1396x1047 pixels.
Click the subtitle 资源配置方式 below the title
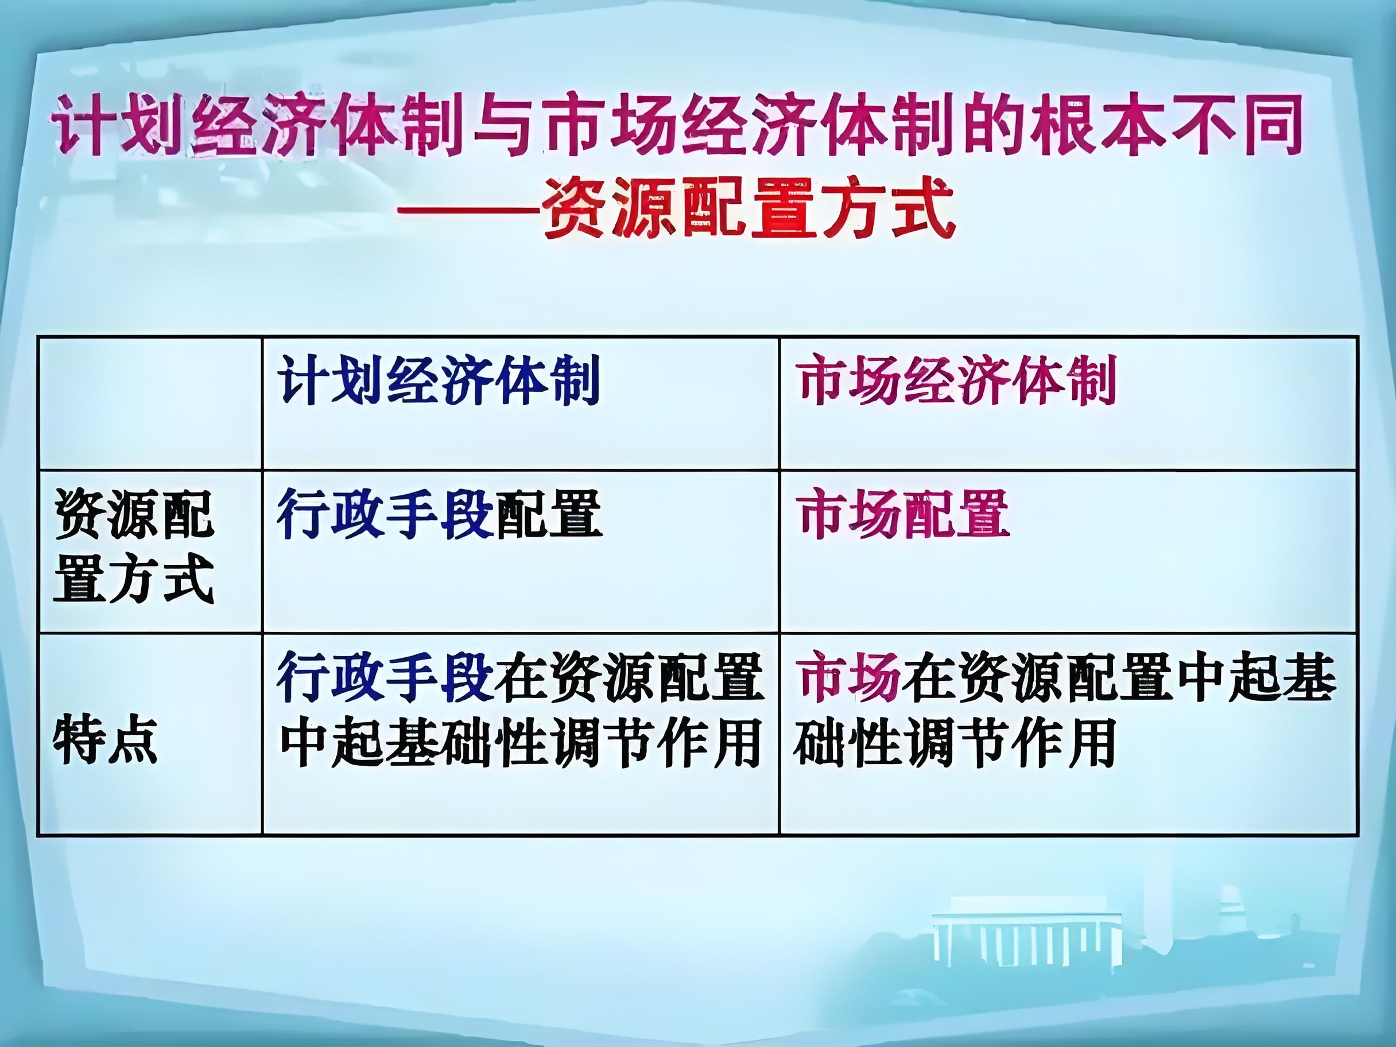tap(747, 208)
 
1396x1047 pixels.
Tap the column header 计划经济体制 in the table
tap(439, 381)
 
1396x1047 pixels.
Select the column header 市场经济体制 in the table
tap(956, 381)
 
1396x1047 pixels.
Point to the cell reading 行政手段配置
tap(439, 514)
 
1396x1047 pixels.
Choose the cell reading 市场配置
tap(902, 514)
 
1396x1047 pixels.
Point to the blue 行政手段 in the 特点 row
tap(385, 678)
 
